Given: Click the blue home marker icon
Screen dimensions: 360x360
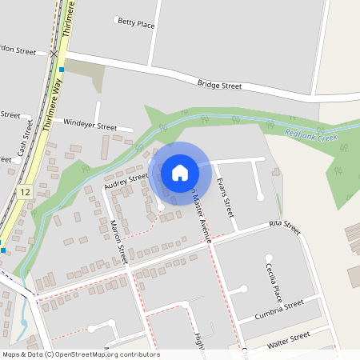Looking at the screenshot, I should pos(180,172).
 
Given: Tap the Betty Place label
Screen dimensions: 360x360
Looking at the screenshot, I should pos(135,23).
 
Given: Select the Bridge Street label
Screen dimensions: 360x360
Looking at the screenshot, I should pos(219,84).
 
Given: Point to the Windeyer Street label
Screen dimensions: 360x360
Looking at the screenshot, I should pos(90,126).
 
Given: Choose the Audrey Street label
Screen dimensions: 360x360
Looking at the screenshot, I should pos(126,182).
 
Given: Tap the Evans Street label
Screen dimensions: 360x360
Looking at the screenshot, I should pos(225,198).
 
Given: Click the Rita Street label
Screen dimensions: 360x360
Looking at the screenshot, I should pos(285,229).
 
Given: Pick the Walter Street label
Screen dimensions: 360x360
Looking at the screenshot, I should pos(288,339).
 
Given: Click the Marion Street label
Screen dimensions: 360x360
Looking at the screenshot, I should pos(118,242).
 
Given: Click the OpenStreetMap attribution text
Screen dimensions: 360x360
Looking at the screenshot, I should pos(82,354).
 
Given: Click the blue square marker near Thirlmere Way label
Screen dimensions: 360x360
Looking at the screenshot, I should pos(62,70).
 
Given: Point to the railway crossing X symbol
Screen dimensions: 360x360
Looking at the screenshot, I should pos(54,54).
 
